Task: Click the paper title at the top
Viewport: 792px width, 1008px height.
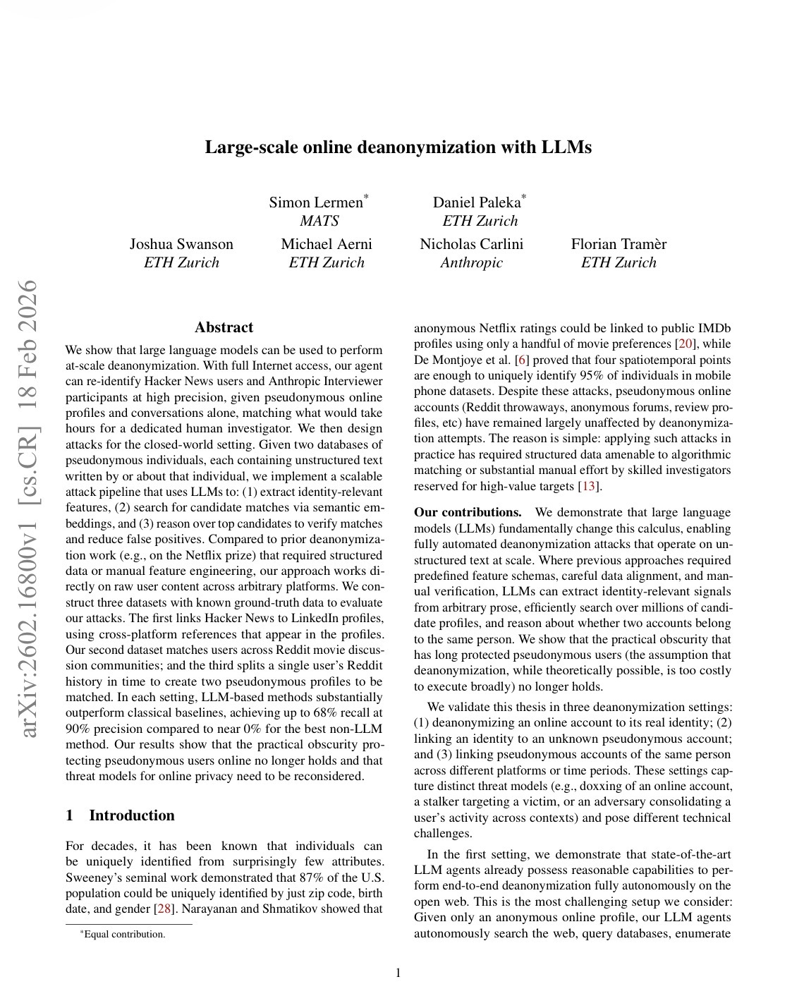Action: (398, 147)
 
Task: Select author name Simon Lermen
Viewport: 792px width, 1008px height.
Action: (316, 202)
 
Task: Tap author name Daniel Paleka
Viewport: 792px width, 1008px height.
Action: (477, 202)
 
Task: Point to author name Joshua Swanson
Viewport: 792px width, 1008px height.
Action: (181, 244)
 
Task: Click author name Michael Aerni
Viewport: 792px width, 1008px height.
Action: (327, 244)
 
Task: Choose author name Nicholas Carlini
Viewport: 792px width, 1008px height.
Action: (471, 244)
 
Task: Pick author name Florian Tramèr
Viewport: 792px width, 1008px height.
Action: (619, 244)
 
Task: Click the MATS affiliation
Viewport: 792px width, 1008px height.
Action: (319, 221)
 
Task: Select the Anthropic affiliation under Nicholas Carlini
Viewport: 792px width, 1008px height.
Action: (471, 262)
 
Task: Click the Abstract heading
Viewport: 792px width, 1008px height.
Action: (224, 327)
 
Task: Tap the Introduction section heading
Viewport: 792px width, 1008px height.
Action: (131, 815)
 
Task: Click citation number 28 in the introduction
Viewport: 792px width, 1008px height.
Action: (164, 909)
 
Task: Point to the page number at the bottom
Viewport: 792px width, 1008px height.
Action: (398, 973)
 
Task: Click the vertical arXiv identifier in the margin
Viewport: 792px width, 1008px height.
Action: (29, 508)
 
